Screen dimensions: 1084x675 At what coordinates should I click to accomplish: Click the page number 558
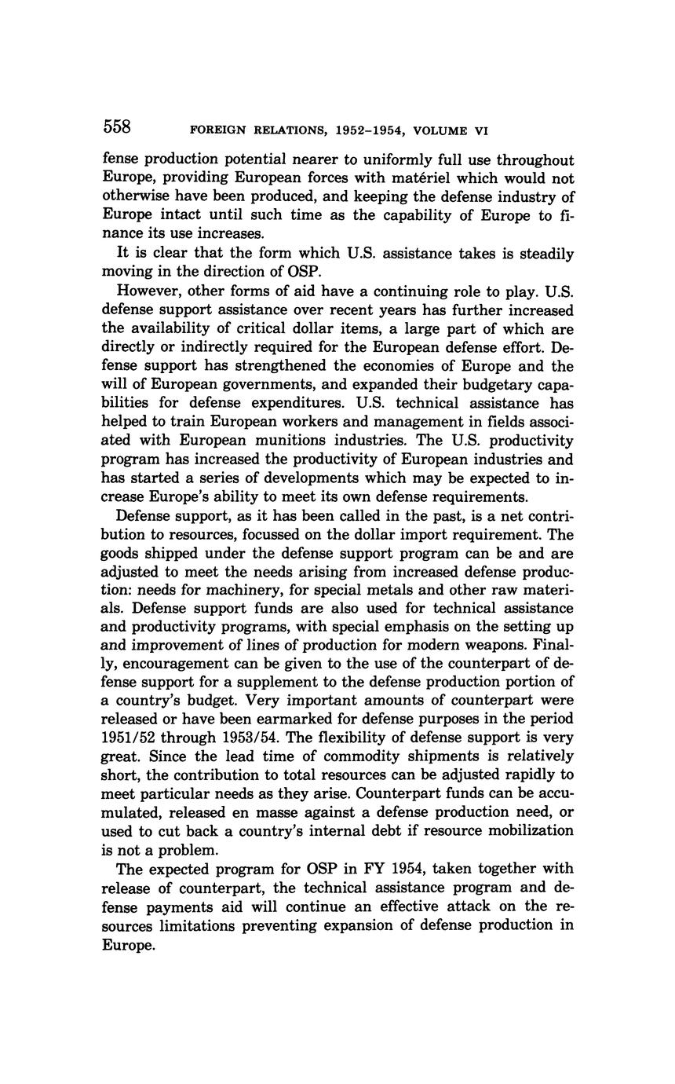[x=116, y=126]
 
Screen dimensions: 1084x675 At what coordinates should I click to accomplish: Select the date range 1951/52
[x=134, y=738]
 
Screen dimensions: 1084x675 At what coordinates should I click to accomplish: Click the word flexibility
[x=370, y=738]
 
